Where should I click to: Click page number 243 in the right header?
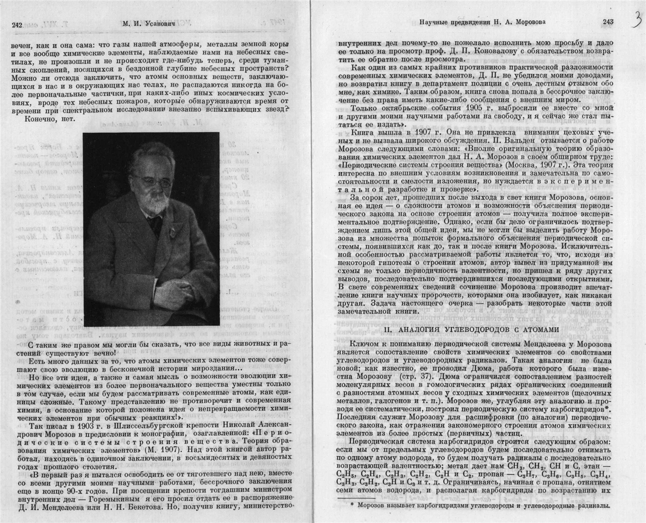click(x=608, y=22)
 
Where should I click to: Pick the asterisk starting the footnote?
click(x=352, y=506)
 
